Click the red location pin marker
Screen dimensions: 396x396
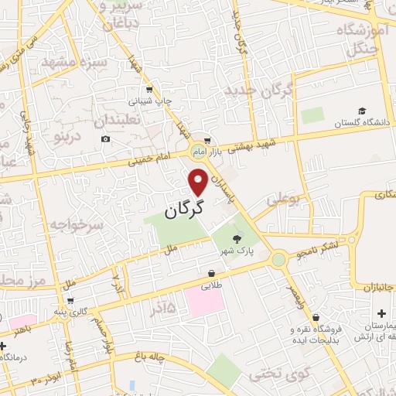[199, 182]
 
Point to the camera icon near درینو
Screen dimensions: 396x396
[105, 139]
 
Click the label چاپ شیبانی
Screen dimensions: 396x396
[145, 101]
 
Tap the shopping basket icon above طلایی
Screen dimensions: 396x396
[211, 274]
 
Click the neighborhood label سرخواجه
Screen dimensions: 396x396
[77, 225]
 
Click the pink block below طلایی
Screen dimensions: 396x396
[204, 301]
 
